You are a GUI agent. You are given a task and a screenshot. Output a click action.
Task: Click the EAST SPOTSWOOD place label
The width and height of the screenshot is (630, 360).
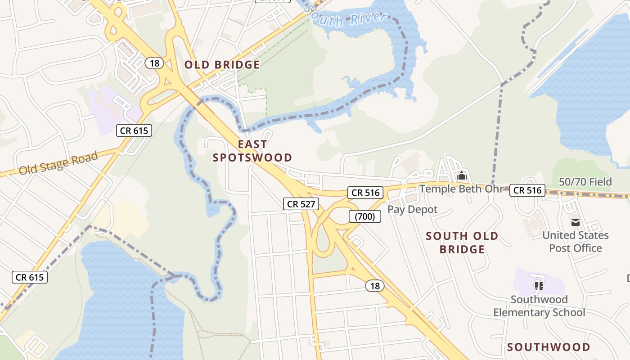click(252, 151)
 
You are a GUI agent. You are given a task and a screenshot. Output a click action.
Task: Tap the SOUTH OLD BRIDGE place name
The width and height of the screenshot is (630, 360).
click(462, 243)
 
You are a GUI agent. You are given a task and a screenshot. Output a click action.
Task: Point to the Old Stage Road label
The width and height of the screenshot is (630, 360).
click(58, 163)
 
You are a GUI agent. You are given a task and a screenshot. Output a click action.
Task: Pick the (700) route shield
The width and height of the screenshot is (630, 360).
click(365, 216)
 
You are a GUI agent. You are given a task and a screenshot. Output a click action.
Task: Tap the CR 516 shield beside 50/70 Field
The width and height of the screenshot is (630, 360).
click(527, 190)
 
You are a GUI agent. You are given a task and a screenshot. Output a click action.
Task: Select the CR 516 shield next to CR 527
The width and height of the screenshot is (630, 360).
click(365, 193)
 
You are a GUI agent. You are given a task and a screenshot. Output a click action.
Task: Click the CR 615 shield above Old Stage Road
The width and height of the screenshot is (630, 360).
click(134, 130)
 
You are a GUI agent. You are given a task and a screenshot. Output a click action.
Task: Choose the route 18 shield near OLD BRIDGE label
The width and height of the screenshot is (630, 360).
click(154, 63)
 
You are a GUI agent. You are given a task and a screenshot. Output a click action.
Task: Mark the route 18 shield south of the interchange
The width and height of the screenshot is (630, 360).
click(374, 286)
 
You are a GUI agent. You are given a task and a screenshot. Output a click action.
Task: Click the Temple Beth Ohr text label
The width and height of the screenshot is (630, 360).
click(461, 189)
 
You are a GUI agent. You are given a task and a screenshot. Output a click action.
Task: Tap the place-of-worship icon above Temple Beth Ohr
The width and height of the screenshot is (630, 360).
click(461, 176)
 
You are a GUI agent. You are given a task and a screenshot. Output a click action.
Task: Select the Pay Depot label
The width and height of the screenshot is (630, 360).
click(412, 209)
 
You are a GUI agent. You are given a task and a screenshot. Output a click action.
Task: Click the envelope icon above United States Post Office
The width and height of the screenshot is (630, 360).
click(575, 222)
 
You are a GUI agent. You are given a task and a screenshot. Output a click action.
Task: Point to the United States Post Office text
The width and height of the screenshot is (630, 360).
click(575, 242)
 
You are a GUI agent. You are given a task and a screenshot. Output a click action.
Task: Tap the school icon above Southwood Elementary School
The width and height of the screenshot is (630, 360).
click(539, 286)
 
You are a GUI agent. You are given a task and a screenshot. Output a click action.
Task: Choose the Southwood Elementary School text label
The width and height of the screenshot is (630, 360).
click(539, 306)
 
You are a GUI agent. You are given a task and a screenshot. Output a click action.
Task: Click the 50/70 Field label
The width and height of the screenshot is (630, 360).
click(585, 182)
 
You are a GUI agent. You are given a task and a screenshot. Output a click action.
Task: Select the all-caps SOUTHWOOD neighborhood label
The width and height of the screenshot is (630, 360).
click(549, 347)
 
